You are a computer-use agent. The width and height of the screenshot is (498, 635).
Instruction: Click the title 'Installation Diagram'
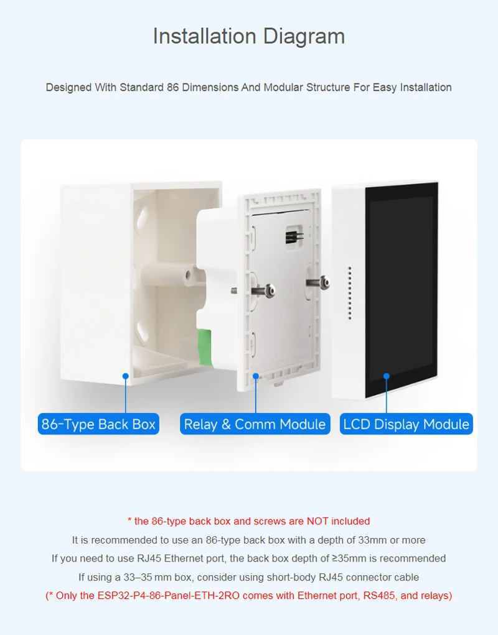(249, 36)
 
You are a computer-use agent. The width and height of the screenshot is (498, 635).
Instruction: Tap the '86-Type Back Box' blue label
(98, 424)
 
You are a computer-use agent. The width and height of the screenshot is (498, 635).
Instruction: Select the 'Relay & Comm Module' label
(255, 424)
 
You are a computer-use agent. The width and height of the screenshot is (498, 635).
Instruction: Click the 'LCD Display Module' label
(406, 424)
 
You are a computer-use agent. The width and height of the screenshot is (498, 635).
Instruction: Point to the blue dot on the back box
(125, 376)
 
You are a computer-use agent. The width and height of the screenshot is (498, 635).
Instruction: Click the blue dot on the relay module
(255, 376)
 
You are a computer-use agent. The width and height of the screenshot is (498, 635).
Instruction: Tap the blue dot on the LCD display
(386, 376)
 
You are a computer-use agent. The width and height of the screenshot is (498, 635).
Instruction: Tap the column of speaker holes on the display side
(350, 292)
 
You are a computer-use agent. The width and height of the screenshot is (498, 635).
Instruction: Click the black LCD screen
(402, 286)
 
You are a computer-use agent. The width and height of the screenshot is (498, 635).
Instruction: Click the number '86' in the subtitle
(173, 87)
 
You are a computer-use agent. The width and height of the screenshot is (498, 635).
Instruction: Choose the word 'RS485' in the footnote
(380, 596)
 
